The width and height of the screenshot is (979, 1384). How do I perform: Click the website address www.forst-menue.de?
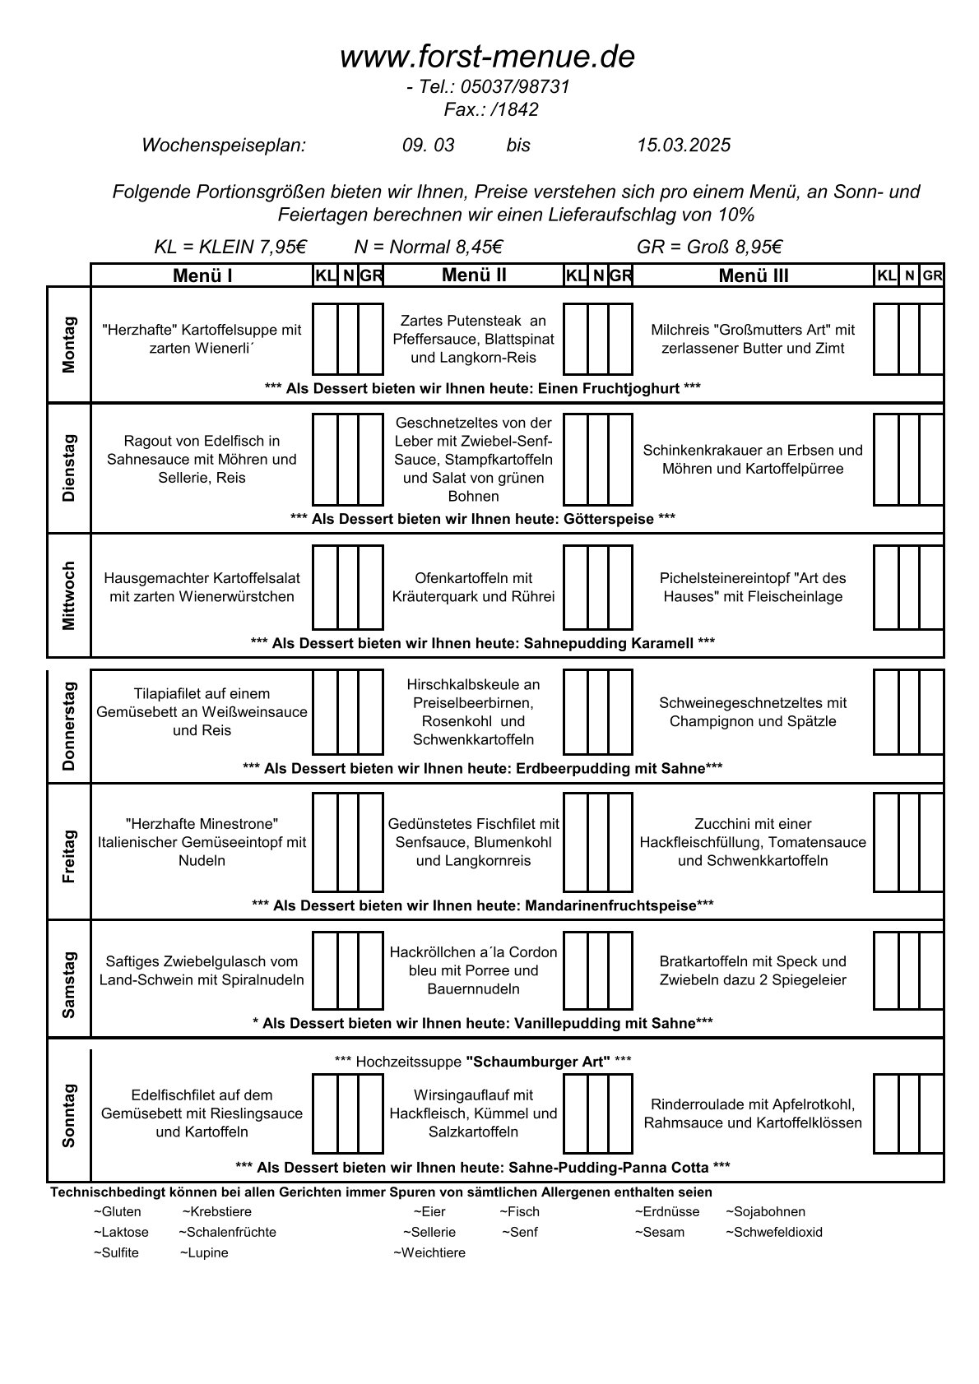tap(488, 57)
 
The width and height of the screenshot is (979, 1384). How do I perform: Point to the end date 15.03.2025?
tap(683, 146)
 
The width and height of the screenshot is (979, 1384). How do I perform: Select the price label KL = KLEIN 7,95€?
tap(230, 247)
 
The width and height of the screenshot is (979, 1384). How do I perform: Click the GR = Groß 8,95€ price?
tap(709, 247)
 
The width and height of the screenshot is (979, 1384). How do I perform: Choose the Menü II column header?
tap(474, 275)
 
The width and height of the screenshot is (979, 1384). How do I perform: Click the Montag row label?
tap(68, 345)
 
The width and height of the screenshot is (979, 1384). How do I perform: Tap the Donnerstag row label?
tap(68, 726)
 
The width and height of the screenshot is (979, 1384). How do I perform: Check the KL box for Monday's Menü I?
tap(325, 339)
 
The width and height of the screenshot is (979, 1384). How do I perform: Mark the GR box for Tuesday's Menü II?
tap(620, 459)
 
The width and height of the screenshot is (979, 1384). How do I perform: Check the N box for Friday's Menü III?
tap(908, 842)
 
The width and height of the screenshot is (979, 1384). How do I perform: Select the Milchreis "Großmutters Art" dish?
tap(753, 339)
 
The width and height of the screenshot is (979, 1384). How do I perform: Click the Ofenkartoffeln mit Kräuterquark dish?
tap(474, 587)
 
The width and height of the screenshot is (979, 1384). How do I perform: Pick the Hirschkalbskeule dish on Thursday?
tap(474, 712)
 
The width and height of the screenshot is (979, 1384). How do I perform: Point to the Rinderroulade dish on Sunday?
tap(753, 1113)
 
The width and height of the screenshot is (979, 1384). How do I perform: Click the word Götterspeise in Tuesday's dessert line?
tap(609, 519)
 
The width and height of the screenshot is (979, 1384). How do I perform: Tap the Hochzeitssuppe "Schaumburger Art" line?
tap(484, 1062)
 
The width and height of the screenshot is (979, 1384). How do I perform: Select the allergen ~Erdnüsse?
tap(666, 1211)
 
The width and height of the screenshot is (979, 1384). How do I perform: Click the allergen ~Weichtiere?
tap(429, 1252)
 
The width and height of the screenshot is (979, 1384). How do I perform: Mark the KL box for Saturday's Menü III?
tap(885, 970)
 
